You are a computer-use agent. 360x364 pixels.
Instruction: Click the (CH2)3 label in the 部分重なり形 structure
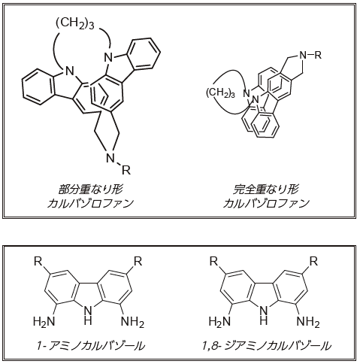[x=75, y=24]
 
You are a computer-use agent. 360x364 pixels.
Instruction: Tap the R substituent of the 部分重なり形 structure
[x=126, y=170]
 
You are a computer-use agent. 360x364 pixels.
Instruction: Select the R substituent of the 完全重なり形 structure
[x=318, y=55]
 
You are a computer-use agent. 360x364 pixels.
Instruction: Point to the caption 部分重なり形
[x=90, y=190]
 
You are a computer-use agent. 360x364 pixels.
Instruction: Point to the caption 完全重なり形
[x=265, y=190]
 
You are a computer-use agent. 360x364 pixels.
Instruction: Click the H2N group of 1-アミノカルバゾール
[x=44, y=322]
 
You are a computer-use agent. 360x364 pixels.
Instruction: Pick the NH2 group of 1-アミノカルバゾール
[x=132, y=322]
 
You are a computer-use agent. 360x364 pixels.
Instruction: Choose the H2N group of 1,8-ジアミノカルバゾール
[x=219, y=322]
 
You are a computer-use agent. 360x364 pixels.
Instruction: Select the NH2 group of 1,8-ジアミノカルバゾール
[x=308, y=322]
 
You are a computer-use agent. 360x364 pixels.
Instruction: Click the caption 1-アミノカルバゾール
[x=90, y=346]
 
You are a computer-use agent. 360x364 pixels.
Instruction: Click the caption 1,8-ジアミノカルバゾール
[x=267, y=346]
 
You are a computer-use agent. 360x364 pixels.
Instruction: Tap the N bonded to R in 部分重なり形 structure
[x=110, y=158]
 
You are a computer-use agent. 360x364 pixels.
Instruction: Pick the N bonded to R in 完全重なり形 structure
[x=304, y=55]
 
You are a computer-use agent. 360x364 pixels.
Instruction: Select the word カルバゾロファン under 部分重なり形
[x=90, y=203]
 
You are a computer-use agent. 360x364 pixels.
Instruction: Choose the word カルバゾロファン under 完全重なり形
[x=266, y=203]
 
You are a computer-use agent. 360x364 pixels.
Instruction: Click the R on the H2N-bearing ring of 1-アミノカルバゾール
[x=38, y=262]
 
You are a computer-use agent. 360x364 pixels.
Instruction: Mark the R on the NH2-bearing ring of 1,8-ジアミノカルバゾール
[x=313, y=262]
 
